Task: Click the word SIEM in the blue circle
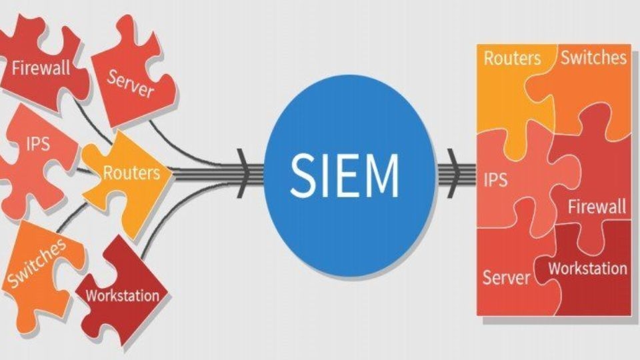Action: tap(344, 175)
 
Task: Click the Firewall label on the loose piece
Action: tap(41, 69)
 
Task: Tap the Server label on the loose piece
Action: tap(131, 82)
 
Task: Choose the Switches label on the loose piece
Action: tap(36, 263)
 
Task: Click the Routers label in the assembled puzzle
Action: tap(512, 58)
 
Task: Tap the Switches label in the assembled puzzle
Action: tap(593, 57)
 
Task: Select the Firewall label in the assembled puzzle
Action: tap(597, 207)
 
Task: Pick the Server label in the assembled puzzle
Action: tap(506, 276)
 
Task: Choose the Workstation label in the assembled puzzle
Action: tap(587, 269)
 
